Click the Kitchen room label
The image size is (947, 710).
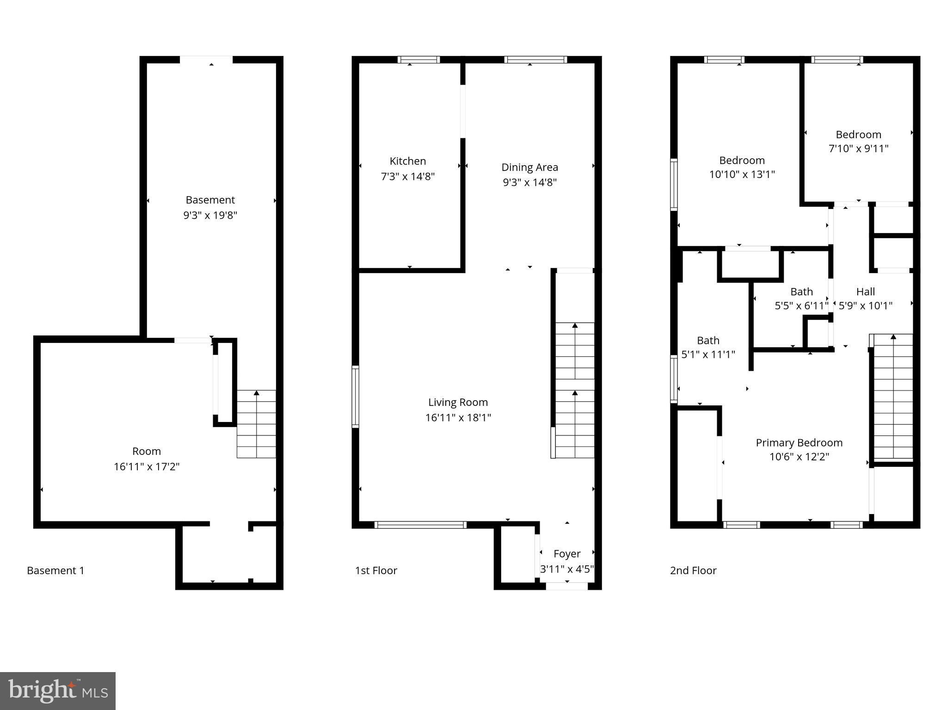(407, 161)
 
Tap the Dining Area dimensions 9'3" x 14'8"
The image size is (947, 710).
(529, 182)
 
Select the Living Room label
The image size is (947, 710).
(458, 403)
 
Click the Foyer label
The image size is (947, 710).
(567, 554)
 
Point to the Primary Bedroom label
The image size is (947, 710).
(799, 443)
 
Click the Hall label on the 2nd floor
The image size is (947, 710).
(865, 292)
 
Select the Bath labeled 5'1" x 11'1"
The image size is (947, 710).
(708, 347)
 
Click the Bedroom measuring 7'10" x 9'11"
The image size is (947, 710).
(858, 141)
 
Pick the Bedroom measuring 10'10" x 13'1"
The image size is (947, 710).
(742, 167)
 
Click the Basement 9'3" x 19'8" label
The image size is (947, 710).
(210, 207)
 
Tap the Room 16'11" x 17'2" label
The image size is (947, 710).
(147, 459)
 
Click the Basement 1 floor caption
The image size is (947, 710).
(55, 570)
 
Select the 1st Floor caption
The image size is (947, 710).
(376, 570)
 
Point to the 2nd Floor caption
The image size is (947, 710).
(693, 570)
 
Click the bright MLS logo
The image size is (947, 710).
(58, 691)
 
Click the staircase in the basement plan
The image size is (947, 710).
(256, 424)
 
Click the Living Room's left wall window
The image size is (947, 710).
(355, 396)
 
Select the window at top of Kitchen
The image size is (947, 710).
(418, 60)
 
